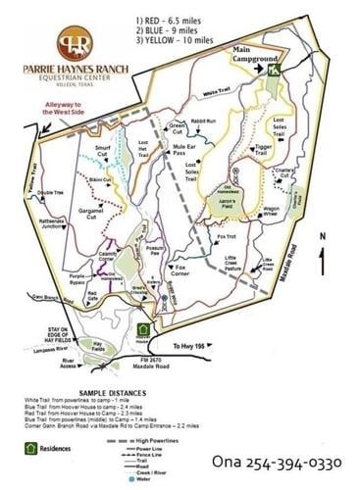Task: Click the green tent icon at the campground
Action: coord(277,69)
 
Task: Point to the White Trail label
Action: coord(217,92)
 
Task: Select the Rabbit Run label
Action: coord(204,122)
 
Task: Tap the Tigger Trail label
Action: coord(263,150)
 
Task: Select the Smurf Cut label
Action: coord(108,151)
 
